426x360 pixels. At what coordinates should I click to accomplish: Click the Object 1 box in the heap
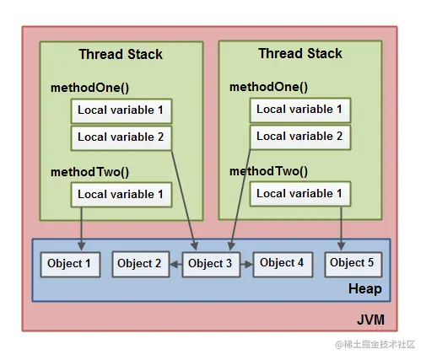coord(70,264)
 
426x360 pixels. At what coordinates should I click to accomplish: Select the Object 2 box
coord(139,264)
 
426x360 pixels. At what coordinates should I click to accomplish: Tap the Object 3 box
coord(211,264)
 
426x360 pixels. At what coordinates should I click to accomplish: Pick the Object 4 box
coord(282,263)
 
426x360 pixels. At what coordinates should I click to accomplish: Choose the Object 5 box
coord(353,263)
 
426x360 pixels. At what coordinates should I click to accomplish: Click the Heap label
coord(364,289)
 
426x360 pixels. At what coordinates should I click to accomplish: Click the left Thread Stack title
coord(121,55)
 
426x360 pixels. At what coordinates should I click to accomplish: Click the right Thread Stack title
coord(299,54)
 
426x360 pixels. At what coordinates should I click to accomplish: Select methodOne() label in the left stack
coord(89,88)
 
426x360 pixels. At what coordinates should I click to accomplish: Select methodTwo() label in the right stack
coord(268,171)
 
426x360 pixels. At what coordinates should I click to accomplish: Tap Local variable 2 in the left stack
coord(121,137)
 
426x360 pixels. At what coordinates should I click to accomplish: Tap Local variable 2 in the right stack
coord(299,136)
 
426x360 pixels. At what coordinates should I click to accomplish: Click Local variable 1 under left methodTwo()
coord(121,195)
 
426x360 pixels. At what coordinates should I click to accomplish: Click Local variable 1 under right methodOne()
coord(299,110)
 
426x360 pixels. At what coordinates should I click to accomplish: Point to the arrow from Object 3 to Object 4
coord(246,264)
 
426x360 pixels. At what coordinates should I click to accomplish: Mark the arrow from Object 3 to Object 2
coord(175,264)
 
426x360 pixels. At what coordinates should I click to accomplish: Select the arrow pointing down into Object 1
coord(81,227)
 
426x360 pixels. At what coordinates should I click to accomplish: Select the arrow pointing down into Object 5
coord(342,227)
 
